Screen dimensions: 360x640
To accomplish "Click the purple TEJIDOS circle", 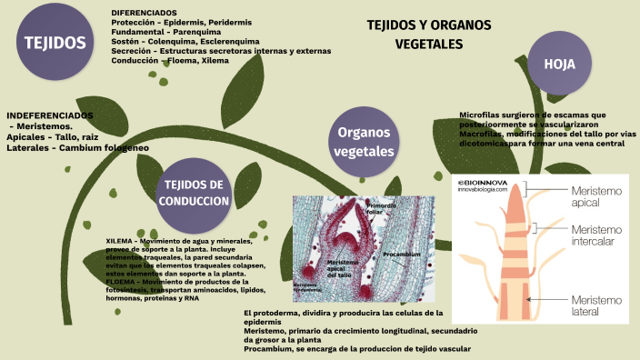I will pos(55,42).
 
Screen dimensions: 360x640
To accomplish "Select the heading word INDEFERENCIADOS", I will pos(50,116).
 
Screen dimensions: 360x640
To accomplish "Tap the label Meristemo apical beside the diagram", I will pos(596,197).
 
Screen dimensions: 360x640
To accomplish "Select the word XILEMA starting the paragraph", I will pos(121,241).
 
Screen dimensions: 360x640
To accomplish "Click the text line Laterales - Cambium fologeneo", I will pos(77,146).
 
